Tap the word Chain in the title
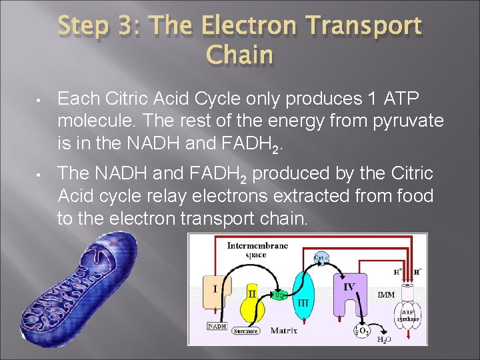coord(240,55)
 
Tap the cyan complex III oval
coord(303,297)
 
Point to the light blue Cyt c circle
coord(320,257)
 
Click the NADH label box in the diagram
coord(218,327)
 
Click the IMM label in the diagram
coord(386,294)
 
